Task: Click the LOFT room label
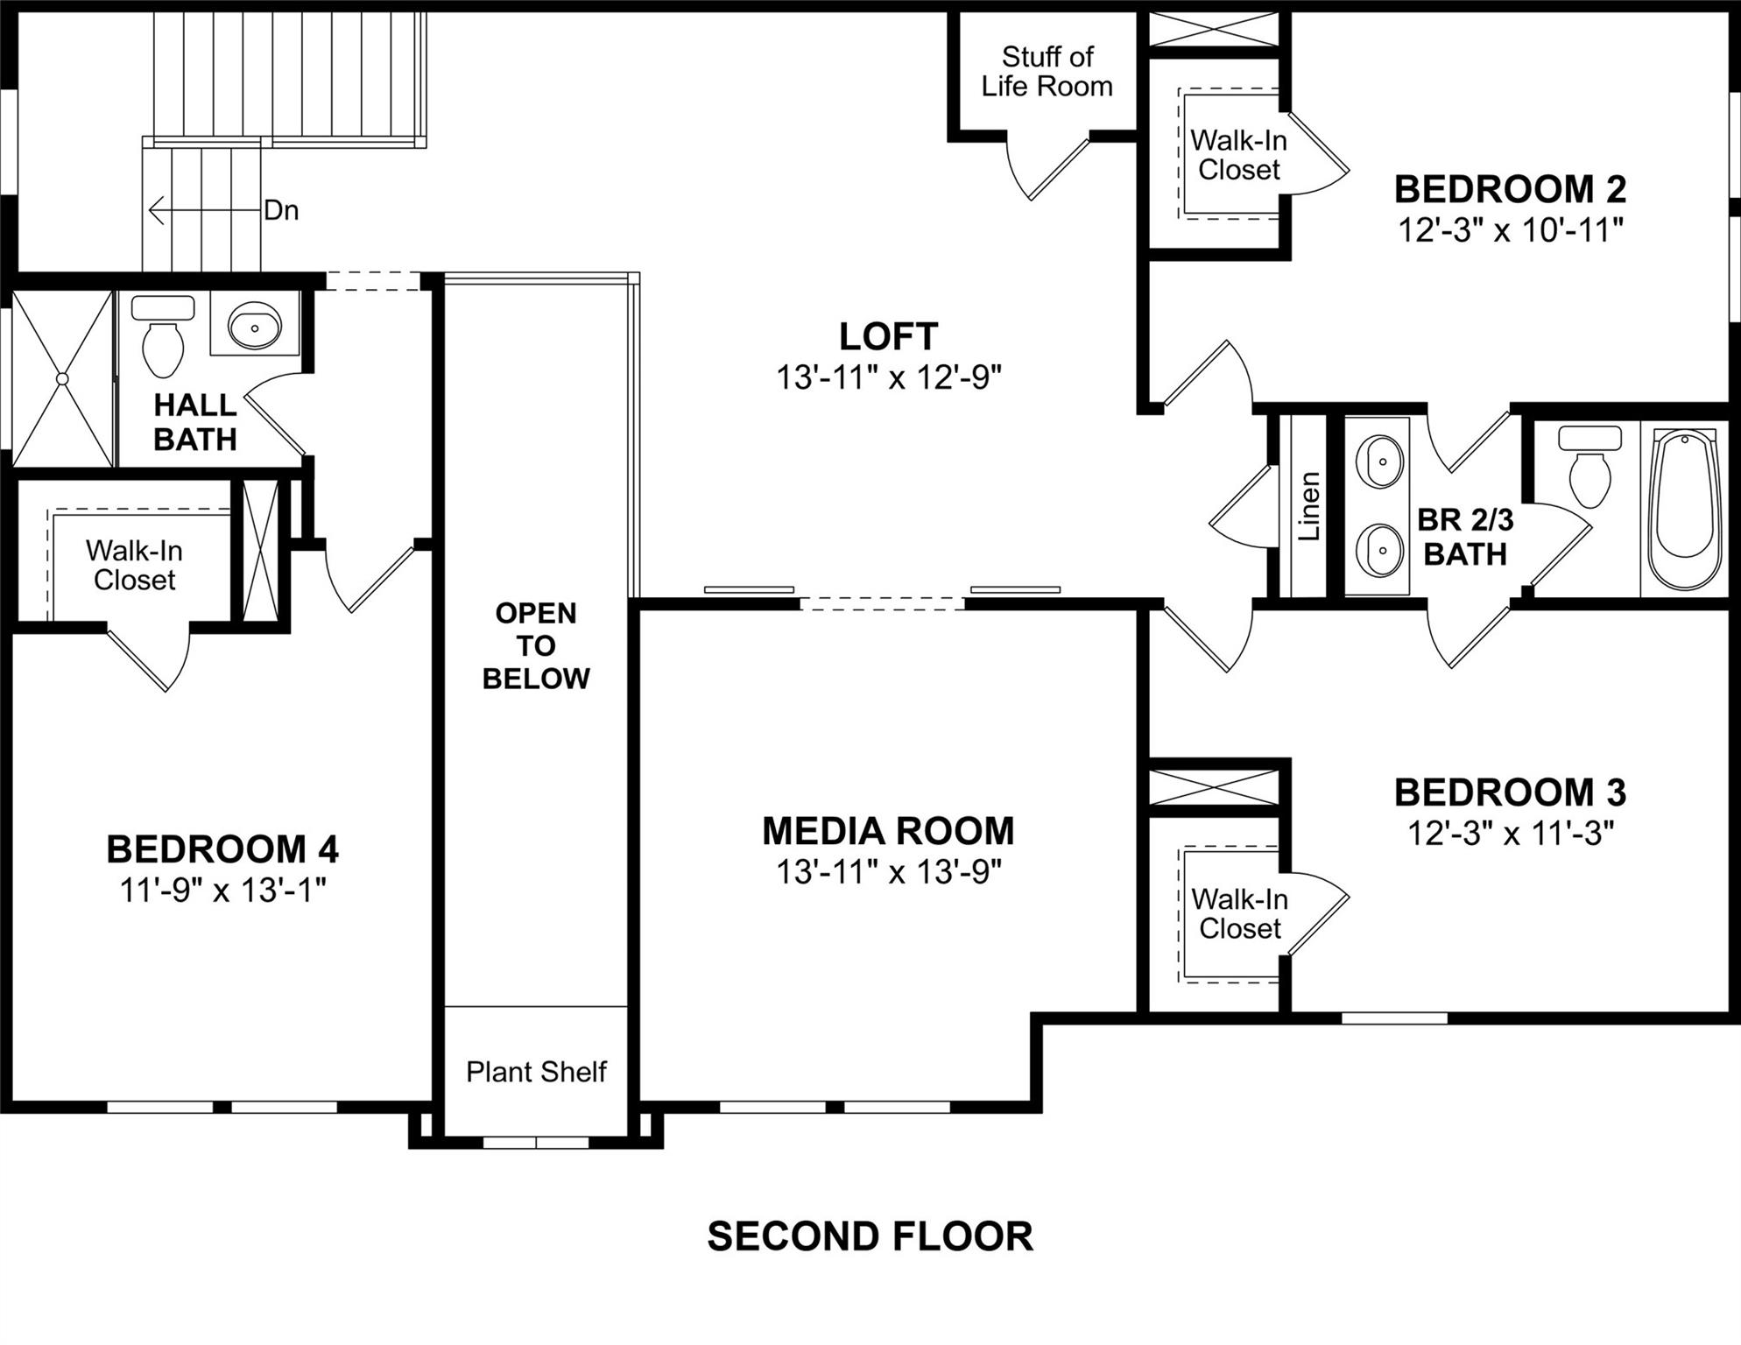(x=888, y=337)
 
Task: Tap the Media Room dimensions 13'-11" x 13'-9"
(x=888, y=872)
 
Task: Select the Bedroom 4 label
(x=222, y=849)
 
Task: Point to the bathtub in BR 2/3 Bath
(x=1681, y=508)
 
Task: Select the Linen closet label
(x=1308, y=506)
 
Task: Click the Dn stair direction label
(x=281, y=210)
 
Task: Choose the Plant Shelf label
(x=536, y=1072)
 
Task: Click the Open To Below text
(x=536, y=645)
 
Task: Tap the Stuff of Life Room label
(x=1047, y=72)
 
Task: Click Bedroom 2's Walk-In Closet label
(x=1238, y=155)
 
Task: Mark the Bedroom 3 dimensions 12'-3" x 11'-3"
(x=1510, y=833)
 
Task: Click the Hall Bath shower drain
(x=62, y=378)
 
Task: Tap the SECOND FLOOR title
(x=870, y=1236)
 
